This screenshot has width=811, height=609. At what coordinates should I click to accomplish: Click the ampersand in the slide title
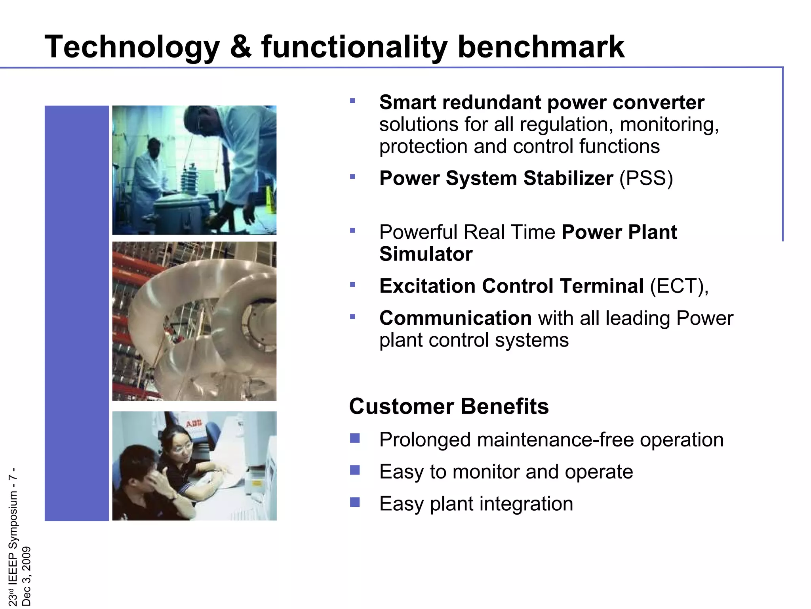[x=240, y=47]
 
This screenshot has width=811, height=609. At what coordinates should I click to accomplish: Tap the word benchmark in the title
[x=541, y=47]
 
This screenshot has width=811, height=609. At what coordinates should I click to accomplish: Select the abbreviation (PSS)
[x=646, y=178]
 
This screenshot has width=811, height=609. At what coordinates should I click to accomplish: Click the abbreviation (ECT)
[x=678, y=286]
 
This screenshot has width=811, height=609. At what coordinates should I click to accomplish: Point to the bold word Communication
[x=455, y=318]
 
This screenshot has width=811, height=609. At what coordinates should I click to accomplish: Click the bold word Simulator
[x=426, y=254]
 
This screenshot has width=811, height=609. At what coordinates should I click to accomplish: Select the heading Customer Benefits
[x=449, y=407]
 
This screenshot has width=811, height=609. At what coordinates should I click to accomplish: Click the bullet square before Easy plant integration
[x=355, y=502]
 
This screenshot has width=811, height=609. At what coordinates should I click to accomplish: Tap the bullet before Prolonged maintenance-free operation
[x=355, y=438]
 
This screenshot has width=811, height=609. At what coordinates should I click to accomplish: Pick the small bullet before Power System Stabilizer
[x=352, y=176]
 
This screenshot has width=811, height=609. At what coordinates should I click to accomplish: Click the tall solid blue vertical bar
[x=76, y=313]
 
